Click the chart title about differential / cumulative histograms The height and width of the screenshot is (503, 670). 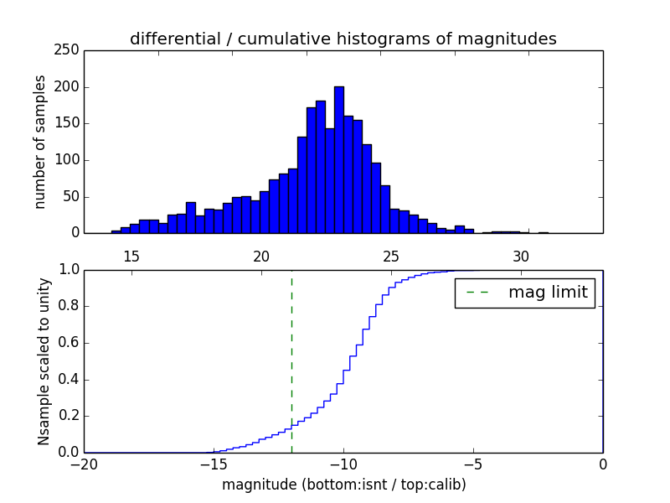click(343, 39)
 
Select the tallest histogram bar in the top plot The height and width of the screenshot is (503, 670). click(338, 159)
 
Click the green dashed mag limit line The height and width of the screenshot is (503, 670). click(291, 360)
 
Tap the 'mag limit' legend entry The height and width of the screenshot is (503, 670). click(547, 293)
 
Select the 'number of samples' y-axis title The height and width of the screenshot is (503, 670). click(40, 142)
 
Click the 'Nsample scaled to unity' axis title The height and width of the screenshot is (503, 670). click(44, 360)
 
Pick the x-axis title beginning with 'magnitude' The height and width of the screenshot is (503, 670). click(343, 485)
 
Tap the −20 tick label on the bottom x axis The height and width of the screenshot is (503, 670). click(84, 464)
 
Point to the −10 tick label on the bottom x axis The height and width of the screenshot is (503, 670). click(343, 464)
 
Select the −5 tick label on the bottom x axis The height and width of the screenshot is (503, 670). click(472, 464)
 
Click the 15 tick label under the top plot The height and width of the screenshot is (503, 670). click(131, 256)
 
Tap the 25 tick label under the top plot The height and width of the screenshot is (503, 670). click(391, 256)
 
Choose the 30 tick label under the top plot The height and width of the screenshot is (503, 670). click(521, 256)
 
